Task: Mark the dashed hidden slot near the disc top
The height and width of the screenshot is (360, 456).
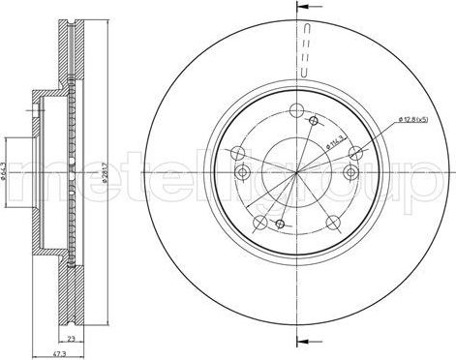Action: tap(305, 53)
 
